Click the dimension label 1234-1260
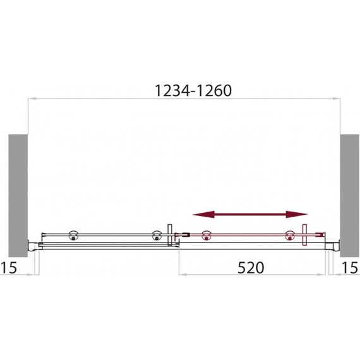[193, 91]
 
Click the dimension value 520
[251, 268]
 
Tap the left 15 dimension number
[9, 268]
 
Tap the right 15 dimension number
[350, 268]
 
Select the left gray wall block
[18, 196]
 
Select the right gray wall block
[350, 196]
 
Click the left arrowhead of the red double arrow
[203, 215]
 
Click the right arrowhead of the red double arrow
[297, 215]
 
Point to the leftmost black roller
[73, 236]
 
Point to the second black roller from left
[157, 236]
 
